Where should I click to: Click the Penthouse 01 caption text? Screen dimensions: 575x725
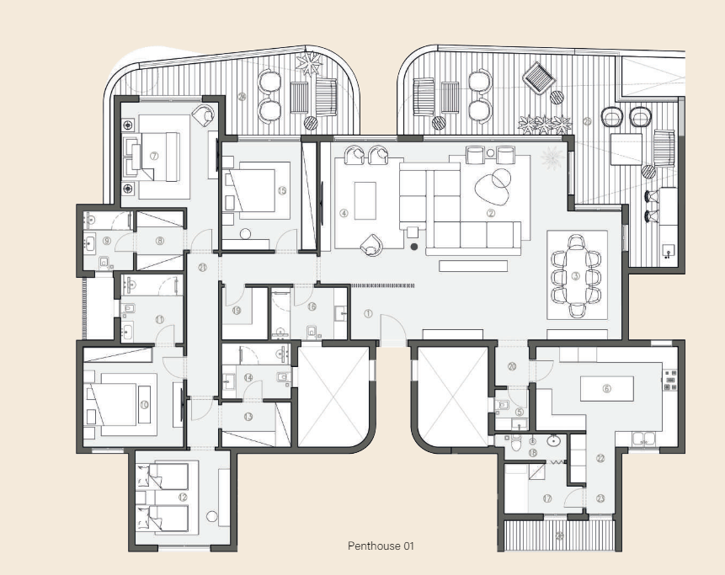(x=381, y=546)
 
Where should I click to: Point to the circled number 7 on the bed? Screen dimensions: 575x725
(x=154, y=156)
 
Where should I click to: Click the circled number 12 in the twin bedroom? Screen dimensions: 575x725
(x=182, y=497)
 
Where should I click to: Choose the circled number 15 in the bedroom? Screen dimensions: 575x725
(x=282, y=191)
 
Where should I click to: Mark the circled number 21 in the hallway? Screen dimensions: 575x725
(x=202, y=268)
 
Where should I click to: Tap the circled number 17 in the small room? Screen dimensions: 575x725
(x=547, y=499)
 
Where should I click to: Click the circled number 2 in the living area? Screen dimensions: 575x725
(x=490, y=214)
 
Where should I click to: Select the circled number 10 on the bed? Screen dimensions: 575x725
(x=144, y=406)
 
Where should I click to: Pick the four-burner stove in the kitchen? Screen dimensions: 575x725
(x=671, y=381)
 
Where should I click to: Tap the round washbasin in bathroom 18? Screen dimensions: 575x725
(x=554, y=439)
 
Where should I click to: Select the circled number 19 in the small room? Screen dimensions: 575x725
(x=237, y=311)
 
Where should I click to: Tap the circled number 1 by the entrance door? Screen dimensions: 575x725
(x=368, y=313)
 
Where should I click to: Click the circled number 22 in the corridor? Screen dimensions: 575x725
(x=600, y=458)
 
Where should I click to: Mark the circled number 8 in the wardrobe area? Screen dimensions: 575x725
(x=159, y=242)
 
